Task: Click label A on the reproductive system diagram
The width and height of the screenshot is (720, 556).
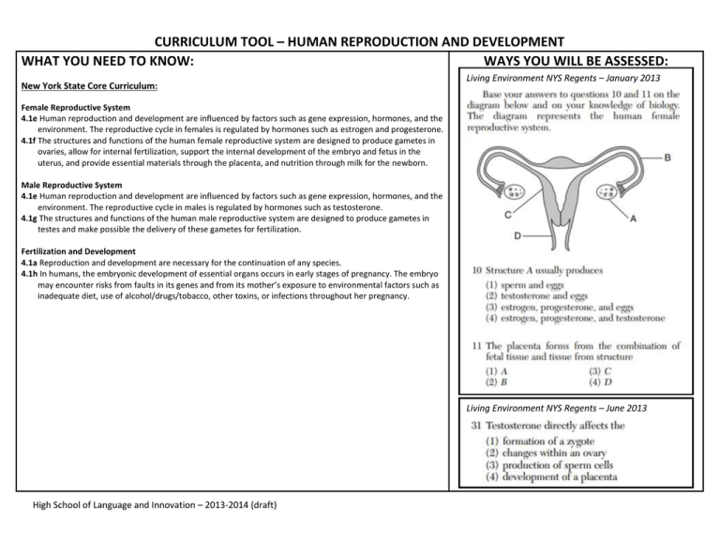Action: click(634, 219)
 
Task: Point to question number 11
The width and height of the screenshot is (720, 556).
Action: click(475, 346)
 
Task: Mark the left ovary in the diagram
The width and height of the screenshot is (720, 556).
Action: click(516, 192)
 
